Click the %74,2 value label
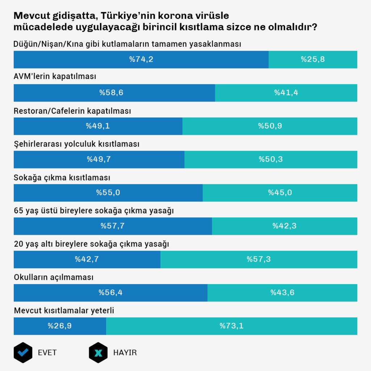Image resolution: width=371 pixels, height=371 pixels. point(141,59)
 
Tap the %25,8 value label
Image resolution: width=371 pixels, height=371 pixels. point(313,59)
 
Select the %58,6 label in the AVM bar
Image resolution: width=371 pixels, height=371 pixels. point(111,93)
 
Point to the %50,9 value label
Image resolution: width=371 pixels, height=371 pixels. point(270,126)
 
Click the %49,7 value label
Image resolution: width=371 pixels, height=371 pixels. point(99,159)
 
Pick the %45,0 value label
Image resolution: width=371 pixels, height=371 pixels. point(280,193)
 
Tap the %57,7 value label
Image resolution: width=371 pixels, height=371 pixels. point(113,226)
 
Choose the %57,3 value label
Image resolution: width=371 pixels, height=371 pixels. point(259,259)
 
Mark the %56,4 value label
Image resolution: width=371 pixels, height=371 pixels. point(111,293)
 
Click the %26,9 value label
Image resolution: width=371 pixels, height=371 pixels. point(59,326)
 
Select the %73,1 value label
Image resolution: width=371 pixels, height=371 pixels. point(232,326)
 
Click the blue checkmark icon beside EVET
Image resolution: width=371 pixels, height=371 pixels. point(23,353)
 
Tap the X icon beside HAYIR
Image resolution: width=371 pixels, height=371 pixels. point(98,353)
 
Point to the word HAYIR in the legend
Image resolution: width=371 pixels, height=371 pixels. point(125,353)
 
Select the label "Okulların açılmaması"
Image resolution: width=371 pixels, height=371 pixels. point(54,278)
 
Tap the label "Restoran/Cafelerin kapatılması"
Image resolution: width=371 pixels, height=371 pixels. point(72,111)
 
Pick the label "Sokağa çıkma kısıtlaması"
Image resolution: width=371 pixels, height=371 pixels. point(62,178)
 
